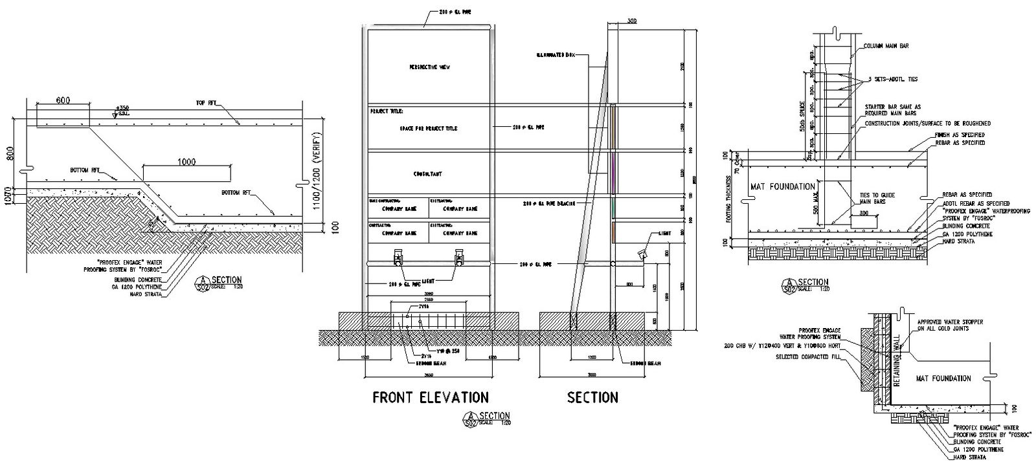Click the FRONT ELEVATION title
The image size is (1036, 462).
click(430, 397)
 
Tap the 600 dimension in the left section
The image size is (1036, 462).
click(63, 100)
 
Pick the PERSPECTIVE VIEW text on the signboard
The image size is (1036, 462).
click(429, 67)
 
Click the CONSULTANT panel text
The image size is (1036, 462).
click(428, 175)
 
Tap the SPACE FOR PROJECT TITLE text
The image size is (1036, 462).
click(428, 129)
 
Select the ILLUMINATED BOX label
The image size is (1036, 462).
click(556, 54)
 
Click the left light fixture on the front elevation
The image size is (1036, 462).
click(396, 258)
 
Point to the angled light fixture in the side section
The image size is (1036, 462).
click(644, 254)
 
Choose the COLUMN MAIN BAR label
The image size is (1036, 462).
click(886, 47)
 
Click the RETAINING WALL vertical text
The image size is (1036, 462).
click(897, 364)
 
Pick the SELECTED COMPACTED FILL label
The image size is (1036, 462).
click(805, 357)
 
